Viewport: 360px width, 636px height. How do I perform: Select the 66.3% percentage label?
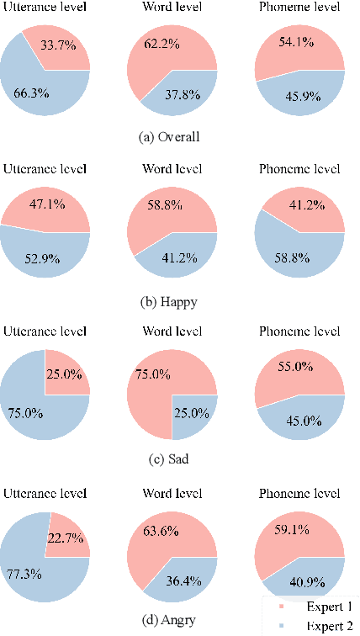pyautogui.click(x=31, y=93)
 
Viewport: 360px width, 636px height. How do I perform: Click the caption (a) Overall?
pyautogui.click(x=172, y=136)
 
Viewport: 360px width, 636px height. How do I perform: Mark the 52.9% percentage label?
pyautogui.click(x=42, y=258)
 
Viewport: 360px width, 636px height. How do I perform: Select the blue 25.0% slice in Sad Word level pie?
pyautogui.click(x=194, y=413)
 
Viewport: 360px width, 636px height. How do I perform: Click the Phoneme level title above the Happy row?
pyautogui.click(x=300, y=169)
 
